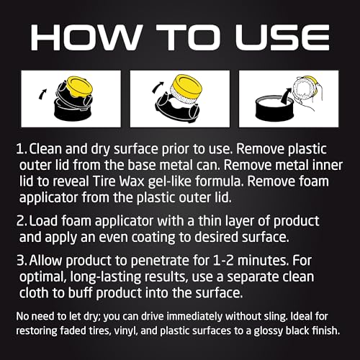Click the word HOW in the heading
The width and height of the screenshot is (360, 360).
[86, 37]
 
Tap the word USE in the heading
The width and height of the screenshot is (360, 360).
[282, 37]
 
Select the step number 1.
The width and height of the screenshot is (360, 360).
[21, 149]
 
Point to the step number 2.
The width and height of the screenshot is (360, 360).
[22, 221]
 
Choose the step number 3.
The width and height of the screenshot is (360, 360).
[22, 261]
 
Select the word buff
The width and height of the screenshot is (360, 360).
[80, 293]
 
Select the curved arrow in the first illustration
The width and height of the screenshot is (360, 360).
[42, 94]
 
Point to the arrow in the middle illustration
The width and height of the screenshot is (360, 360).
[158, 87]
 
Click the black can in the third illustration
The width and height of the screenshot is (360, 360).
[274, 109]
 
